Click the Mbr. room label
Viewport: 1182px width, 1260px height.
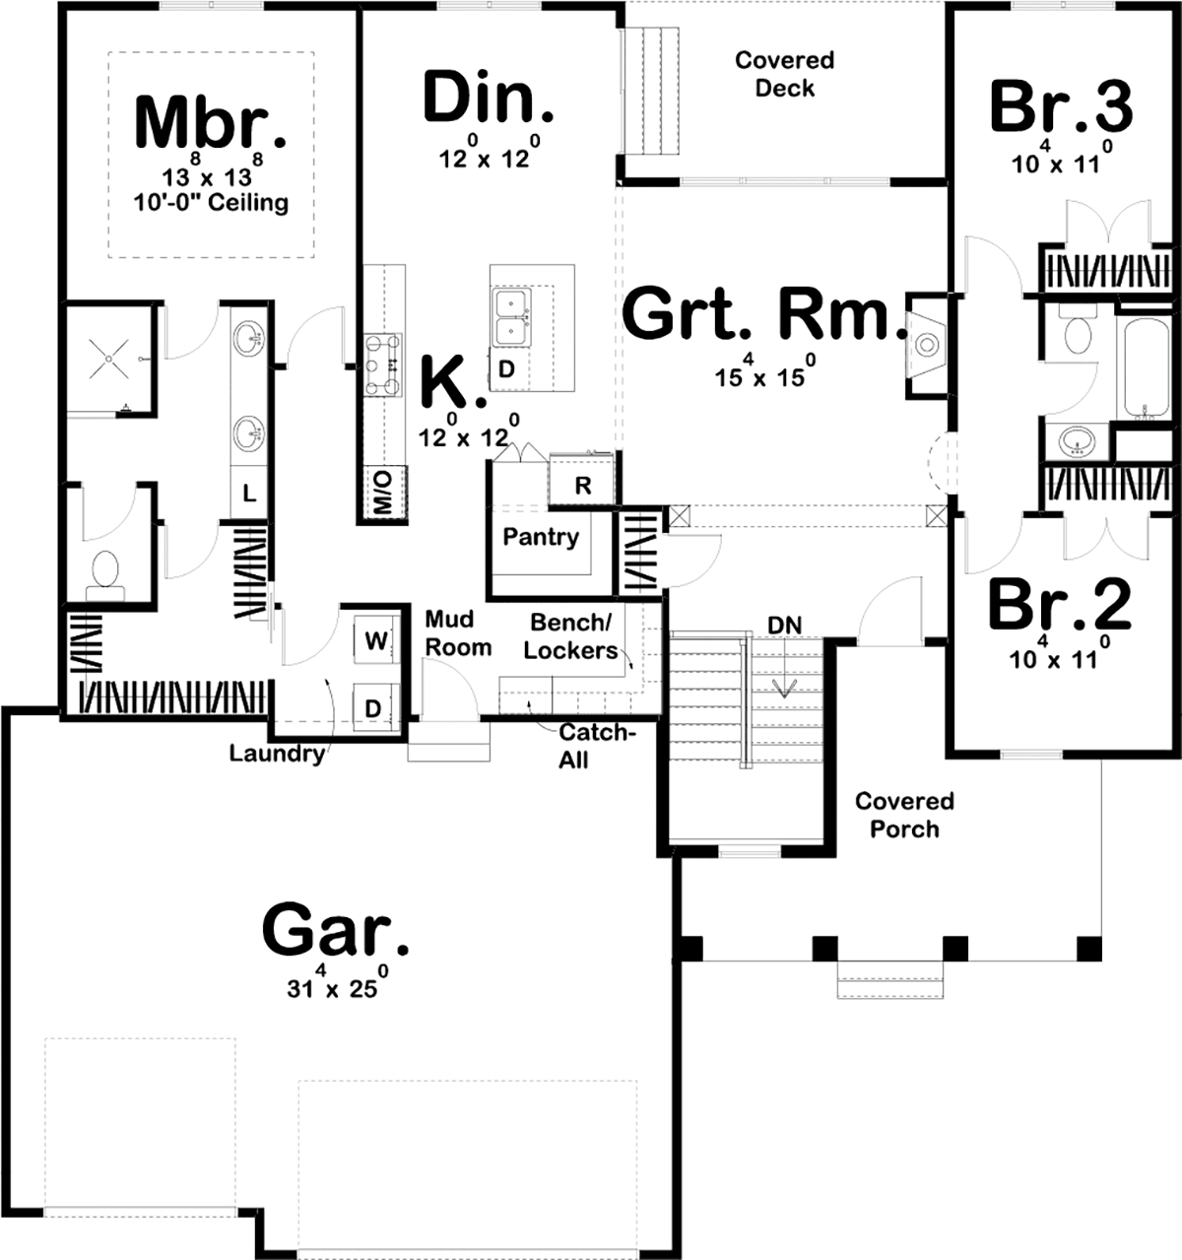(x=211, y=122)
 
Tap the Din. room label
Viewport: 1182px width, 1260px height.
(x=488, y=97)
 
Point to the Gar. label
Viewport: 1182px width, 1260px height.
(x=336, y=930)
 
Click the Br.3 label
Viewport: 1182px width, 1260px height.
(x=1061, y=106)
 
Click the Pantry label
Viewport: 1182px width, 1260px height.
(x=541, y=537)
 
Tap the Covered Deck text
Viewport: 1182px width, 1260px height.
(x=785, y=74)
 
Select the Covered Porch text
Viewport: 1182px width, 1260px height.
(x=905, y=815)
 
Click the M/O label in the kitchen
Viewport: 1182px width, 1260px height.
(x=382, y=493)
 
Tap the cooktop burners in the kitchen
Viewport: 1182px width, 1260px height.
(x=383, y=366)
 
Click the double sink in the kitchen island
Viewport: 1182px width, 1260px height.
(x=513, y=318)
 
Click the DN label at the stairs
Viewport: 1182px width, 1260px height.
(x=784, y=625)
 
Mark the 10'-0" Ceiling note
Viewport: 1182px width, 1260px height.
(x=211, y=204)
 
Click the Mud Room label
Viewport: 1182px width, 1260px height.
(x=458, y=633)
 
